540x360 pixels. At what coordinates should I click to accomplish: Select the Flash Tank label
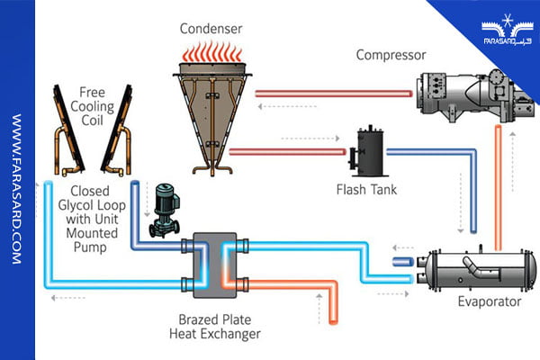(x=366, y=190)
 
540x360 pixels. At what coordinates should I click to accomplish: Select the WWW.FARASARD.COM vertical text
(x=16, y=189)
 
